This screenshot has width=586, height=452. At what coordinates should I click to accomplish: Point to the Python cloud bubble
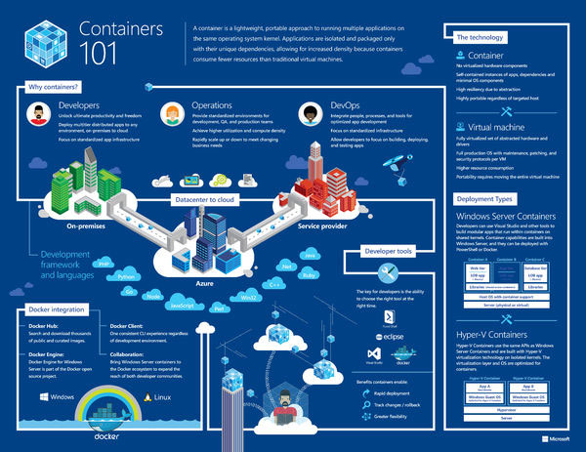(x=125, y=277)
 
